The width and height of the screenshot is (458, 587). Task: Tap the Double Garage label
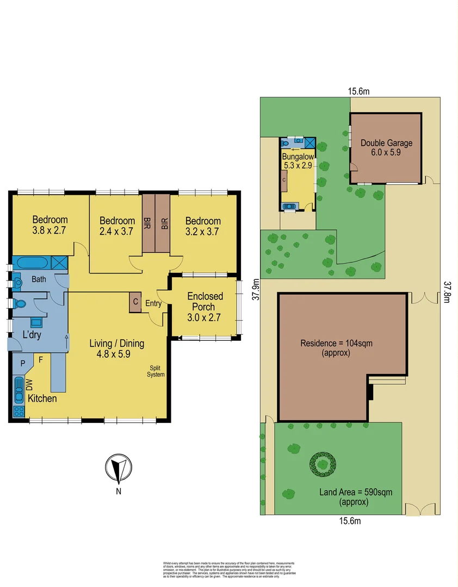[386, 148]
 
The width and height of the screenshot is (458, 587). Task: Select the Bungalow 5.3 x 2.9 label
[297, 162]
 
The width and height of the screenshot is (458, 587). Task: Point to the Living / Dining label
[117, 348]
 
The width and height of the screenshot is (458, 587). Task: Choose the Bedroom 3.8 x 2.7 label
[50, 225]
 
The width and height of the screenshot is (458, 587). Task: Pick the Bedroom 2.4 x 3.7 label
[117, 226]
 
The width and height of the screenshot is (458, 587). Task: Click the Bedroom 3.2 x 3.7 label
[203, 226]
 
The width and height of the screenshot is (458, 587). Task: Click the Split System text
[157, 371]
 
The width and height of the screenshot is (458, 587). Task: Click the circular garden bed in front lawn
[324, 464]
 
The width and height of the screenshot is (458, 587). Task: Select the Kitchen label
[42, 398]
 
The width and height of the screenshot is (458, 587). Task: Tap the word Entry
[153, 304]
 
